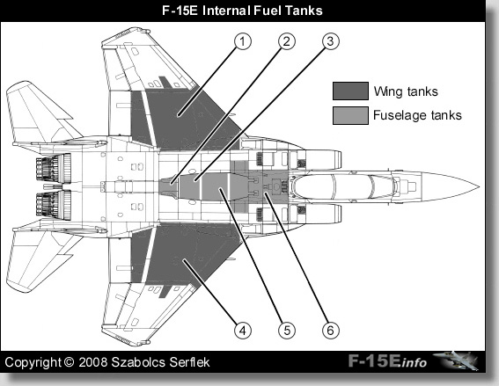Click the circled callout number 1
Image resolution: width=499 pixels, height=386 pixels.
[243, 41]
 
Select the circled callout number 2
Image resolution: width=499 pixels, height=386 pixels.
[287, 41]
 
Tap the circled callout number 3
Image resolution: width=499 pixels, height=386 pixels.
[331, 41]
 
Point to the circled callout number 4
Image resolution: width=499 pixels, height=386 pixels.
[243, 331]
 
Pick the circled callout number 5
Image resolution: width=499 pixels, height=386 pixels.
[287, 331]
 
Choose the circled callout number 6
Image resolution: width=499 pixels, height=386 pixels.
[331, 331]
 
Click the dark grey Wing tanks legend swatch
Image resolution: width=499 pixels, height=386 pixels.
[350, 91]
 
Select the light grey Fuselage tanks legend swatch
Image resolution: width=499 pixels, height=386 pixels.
[350, 115]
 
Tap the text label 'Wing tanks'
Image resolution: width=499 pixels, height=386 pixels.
[406, 91]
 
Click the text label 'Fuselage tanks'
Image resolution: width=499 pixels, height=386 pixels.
[417, 115]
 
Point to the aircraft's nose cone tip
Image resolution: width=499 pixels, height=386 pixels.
[479, 186]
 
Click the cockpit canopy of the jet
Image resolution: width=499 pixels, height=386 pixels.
[345, 186]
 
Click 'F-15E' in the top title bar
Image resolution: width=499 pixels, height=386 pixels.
[180, 11]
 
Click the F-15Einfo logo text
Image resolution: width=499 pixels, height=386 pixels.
[387, 361]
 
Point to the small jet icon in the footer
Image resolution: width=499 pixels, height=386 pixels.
[456, 361]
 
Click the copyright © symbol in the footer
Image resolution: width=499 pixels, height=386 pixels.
[69, 362]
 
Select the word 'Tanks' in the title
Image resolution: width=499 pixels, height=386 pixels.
[304, 11]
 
